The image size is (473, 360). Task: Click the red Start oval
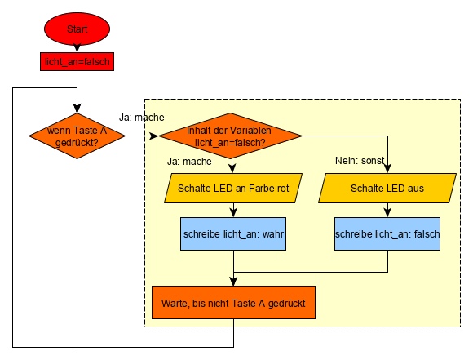pyautogui.click(x=77, y=29)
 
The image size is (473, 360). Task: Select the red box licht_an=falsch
pyautogui.click(x=77, y=61)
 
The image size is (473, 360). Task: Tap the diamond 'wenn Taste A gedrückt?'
pyautogui.click(x=77, y=136)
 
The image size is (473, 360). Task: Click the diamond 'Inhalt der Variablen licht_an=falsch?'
pyautogui.click(x=230, y=136)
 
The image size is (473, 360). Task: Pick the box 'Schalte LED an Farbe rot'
pyautogui.click(x=233, y=188)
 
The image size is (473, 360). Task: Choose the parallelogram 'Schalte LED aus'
pyautogui.click(x=387, y=188)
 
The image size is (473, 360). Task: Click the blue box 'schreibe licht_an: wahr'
pyautogui.click(x=233, y=233)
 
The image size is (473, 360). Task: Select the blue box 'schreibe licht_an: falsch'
pyautogui.click(x=387, y=233)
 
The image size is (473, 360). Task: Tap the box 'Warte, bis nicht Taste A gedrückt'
pyautogui.click(x=233, y=302)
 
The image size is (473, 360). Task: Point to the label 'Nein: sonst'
pyautogui.click(x=360, y=161)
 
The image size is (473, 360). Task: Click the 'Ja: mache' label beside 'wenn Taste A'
pyautogui.click(x=141, y=118)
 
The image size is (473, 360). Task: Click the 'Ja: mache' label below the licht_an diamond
pyautogui.click(x=189, y=162)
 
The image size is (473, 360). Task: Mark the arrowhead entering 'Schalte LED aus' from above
pyautogui.click(x=387, y=168)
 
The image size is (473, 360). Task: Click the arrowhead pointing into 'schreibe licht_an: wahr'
pyautogui.click(x=233, y=212)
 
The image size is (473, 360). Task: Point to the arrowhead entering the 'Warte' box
pyautogui.click(x=233, y=281)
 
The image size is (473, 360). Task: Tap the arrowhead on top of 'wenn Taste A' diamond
pyautogui.click(x=77, y=109)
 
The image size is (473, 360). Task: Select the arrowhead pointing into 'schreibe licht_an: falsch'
pyautogui.click(x=387, y=212)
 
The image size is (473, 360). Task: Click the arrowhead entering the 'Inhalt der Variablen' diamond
pyautogui.click(x=154, y=136)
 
